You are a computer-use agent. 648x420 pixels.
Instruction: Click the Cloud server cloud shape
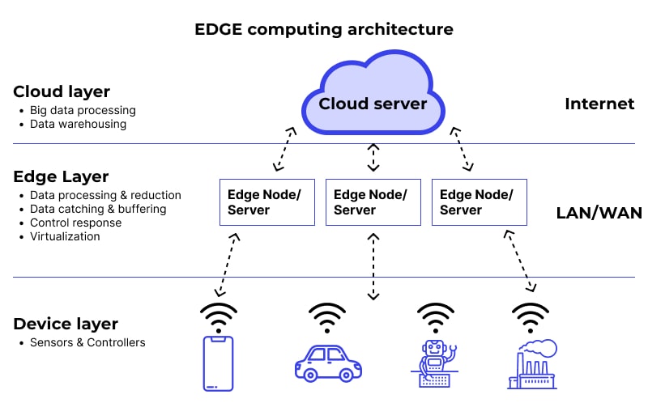[x=373, y=96]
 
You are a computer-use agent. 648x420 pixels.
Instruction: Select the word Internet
[x=599, y=104]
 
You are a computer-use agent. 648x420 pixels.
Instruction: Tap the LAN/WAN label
[x=599, y=213]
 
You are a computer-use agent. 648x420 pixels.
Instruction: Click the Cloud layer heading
[x=62, y=91]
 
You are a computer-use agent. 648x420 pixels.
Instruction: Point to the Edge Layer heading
[x=61, y=176]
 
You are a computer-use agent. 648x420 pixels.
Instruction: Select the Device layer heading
[x=66, y=324]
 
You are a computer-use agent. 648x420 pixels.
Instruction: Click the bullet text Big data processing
[x=83, y=110]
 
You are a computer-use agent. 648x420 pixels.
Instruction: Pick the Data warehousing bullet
[x=78, y=124]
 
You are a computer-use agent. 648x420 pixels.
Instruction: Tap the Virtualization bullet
[x=65, y=236]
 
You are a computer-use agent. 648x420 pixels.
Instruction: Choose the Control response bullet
[x=75, y=223]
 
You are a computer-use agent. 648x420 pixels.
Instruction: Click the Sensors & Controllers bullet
[x=87, y=342]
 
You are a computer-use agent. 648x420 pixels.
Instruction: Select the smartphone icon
[x=217, y=363]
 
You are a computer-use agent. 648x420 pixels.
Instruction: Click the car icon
[x=327, y=363]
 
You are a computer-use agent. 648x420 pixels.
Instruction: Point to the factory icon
[x=532, y=363]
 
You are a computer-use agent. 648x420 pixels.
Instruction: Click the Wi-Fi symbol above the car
[x=327, y=318]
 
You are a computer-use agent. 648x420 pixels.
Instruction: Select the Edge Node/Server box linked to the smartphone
[x=267, y=202]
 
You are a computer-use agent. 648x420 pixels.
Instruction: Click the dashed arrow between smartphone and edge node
[x=227, y=265]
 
